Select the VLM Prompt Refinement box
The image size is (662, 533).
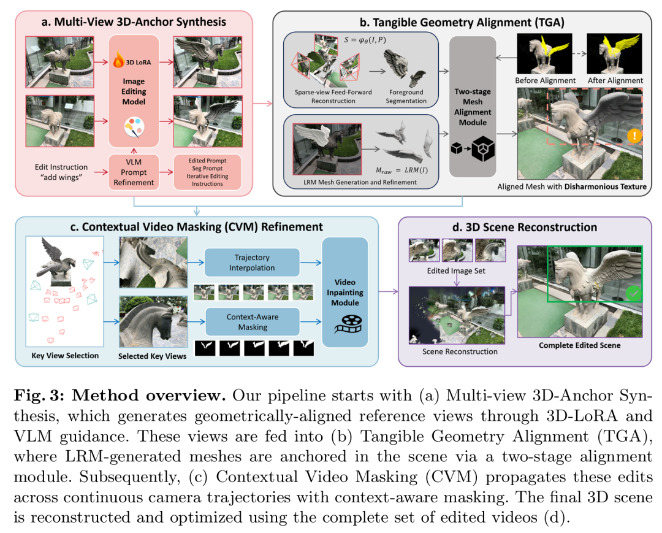tap(133, 171)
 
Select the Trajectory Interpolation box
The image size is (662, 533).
tap(251, 262)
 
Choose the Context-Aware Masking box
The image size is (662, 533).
tap(251, 322)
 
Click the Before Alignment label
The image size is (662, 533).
tap(544, 80)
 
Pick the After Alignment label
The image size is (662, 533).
tap(615, 80)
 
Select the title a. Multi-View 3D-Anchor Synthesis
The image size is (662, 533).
tap(134, 22)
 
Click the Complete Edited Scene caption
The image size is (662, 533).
tap(579, 345)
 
